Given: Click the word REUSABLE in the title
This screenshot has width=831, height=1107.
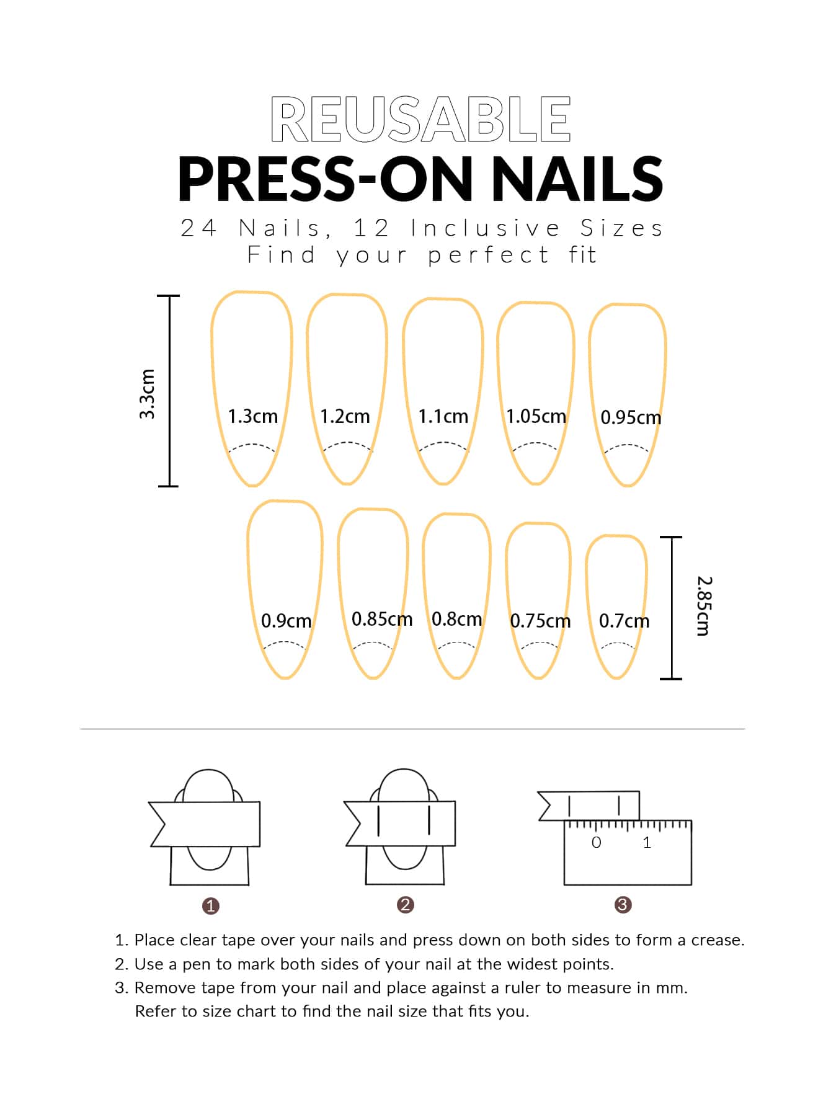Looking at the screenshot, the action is (420, 119).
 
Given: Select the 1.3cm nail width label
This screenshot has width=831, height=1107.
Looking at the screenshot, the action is (252, 416).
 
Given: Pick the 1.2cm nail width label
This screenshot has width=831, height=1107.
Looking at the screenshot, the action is (345, 416).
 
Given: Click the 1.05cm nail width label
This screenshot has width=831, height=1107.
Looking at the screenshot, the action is (536, 416).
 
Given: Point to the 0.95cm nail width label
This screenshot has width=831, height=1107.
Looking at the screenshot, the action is (631, 417).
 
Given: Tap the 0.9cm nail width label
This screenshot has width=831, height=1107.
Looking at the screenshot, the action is (286, 620).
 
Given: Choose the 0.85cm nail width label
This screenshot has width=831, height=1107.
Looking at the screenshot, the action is (382, 619).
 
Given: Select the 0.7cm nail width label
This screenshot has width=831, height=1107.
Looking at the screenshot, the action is (624, 620).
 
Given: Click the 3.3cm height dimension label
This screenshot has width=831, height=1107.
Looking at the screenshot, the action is (147, 394).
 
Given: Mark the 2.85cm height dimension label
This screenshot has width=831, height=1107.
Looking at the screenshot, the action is (704, 606).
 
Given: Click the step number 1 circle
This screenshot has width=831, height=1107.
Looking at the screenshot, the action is (211, 906).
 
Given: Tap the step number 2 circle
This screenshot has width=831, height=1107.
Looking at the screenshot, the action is (405, 905).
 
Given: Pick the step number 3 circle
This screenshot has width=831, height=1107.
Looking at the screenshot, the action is (623, 905).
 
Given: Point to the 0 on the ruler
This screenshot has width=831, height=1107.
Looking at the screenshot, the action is (597, 842).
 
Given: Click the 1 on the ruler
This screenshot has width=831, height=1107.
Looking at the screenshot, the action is (647, 842).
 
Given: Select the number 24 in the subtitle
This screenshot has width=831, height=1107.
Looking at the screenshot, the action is (198, 228).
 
